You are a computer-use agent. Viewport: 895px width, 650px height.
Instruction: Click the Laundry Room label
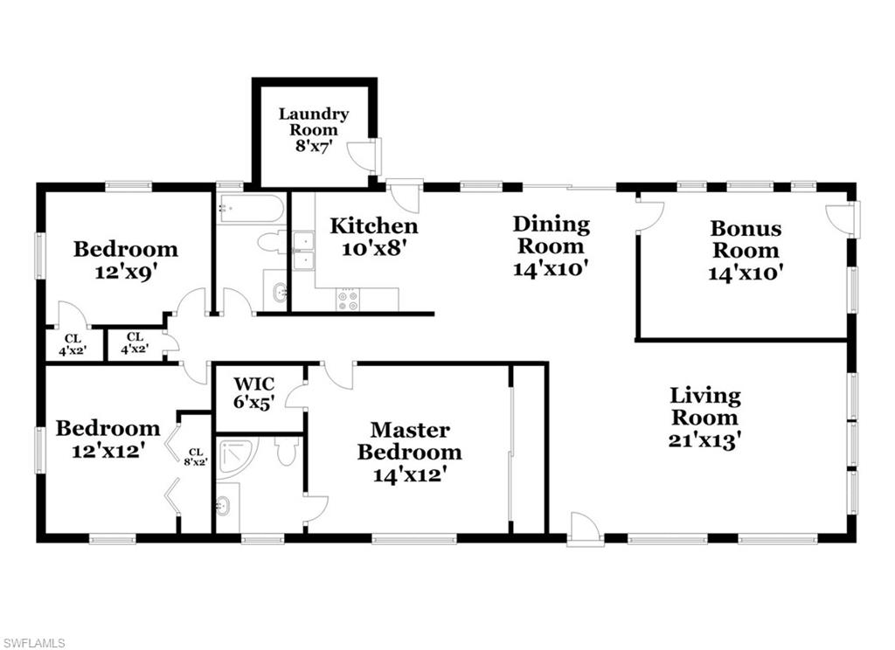(x=314, y=129)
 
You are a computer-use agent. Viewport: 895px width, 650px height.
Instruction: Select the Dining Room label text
(x=551, y=245)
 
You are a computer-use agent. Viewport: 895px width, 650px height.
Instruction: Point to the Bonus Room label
(x=745, y=250)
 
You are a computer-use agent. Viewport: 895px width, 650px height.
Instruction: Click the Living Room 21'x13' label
(x=705, y=418)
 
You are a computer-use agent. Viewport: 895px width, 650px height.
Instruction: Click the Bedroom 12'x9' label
(x=125, y=259)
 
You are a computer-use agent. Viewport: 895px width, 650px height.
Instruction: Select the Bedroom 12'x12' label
(x=108, y=439)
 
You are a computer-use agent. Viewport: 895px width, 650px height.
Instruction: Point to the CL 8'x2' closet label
(x=195, y=457)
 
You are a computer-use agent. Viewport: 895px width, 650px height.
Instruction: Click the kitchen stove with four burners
(x=348, y=300)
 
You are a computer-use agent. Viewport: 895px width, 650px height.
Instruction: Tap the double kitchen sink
(x=304, y=250)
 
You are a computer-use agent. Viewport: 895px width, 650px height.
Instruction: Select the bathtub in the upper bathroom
(x=251, y=210)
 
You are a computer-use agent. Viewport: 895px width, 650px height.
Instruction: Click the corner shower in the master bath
(x=236, y=457)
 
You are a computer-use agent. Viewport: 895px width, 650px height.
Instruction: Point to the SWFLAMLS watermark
(x=33, y=643)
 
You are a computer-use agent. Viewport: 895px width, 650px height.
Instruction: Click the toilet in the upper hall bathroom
(x=272, y=242)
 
